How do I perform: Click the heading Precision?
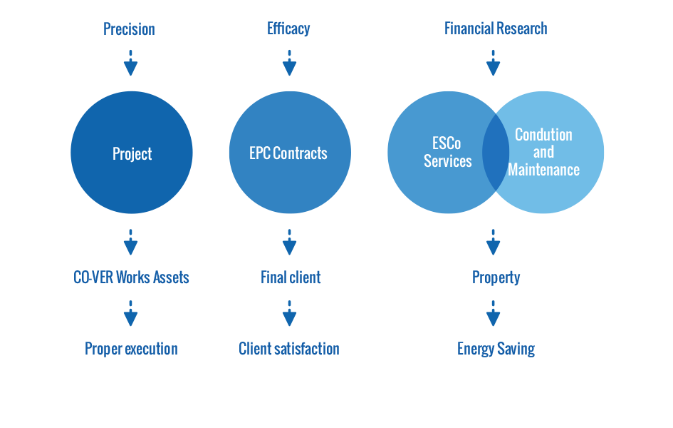point(129,29)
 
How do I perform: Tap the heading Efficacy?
point(288,29)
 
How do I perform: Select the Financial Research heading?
point(496,29)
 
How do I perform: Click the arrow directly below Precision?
point(130,63)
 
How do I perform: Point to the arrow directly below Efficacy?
point(289,63)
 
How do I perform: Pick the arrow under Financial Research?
point(493,63)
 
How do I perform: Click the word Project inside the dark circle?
point(132,154)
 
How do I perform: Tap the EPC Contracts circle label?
point(288,153)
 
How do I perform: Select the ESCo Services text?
point(447,152)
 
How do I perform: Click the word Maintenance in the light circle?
point(544,170)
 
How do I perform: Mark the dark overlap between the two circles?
point(496,152)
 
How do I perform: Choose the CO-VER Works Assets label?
point(131,277)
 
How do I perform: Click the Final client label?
point(291,277)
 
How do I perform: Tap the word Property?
point(496,278)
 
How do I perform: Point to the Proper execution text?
point(131,349)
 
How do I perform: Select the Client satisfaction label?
point(289,349)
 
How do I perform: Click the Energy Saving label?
point(496,349)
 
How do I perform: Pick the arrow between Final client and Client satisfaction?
point(289,313)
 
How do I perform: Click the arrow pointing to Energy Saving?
point(493,313)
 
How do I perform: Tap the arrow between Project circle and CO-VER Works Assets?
point(130,242)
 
